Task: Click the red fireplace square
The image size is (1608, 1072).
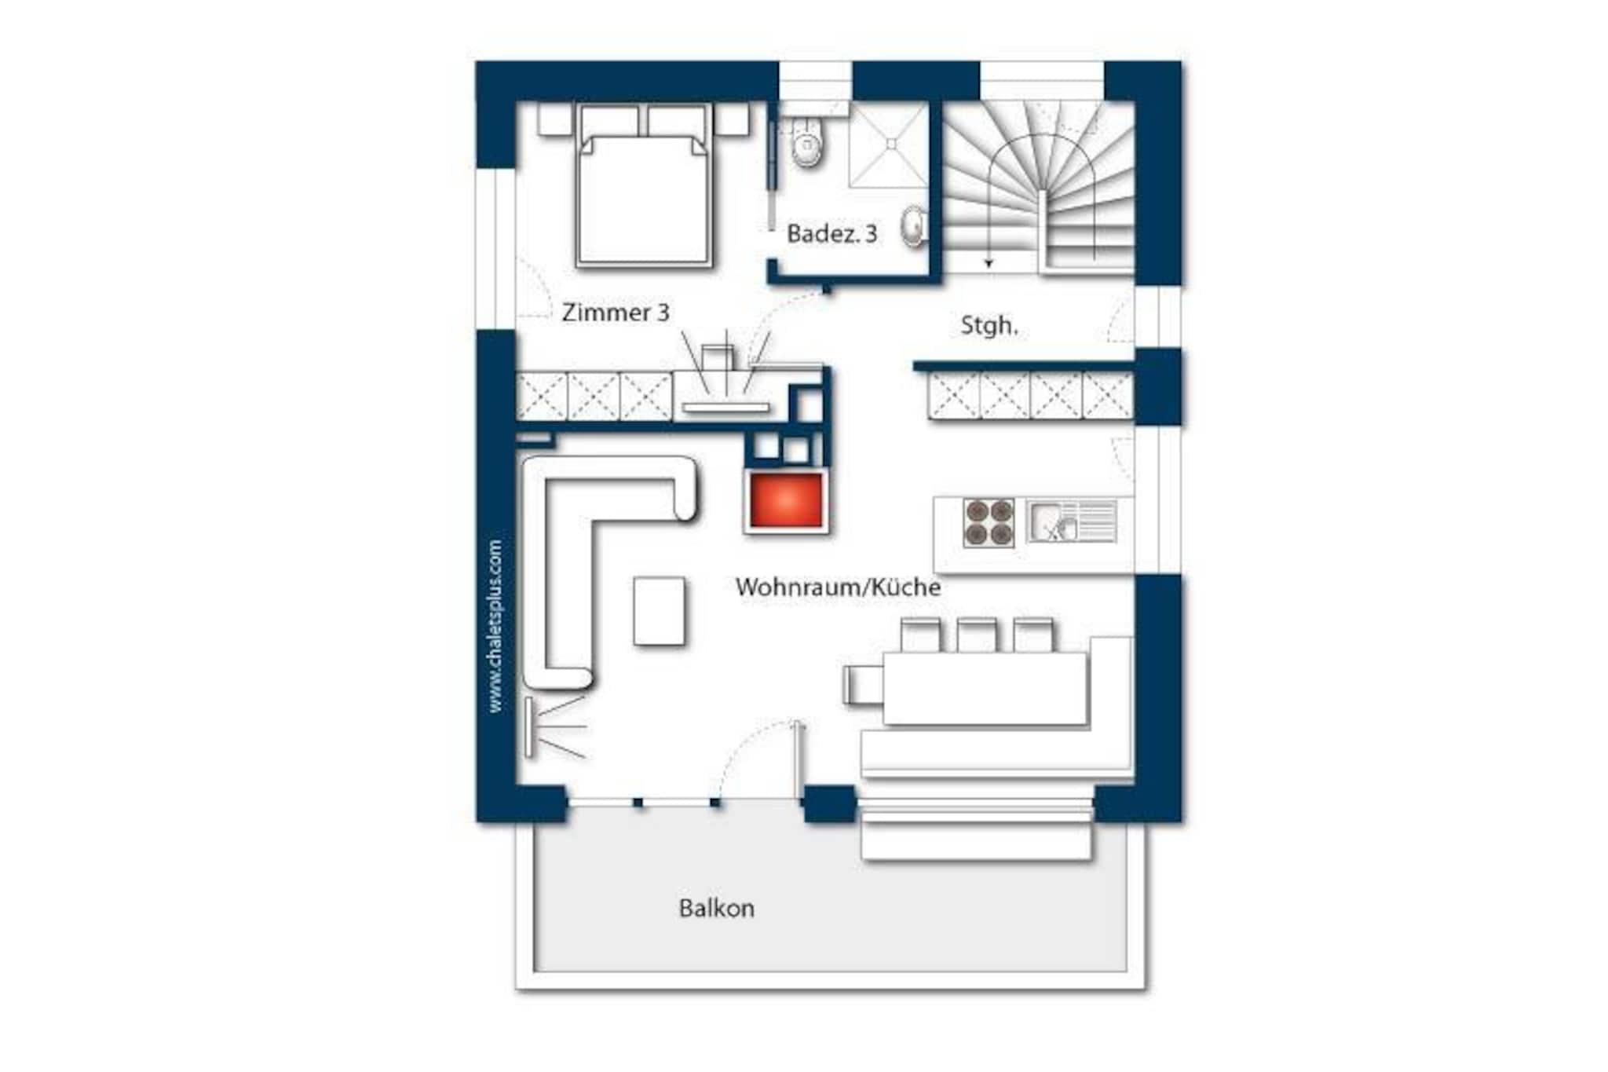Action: click(786, 501)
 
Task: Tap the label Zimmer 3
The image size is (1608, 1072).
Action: click(616, 313)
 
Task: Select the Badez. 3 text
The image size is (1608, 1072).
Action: click(831, 233)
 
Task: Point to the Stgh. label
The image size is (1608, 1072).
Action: click(989, 326)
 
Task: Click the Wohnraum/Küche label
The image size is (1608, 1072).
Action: click(838, 587)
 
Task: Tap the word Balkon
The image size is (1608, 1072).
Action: click(716, 909)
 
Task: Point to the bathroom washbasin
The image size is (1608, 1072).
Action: click(913, 226)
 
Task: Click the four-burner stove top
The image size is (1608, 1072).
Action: click(989, 522)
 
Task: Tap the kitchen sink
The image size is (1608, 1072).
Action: click(1072, 521)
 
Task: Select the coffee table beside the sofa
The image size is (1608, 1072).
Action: click(659, 612)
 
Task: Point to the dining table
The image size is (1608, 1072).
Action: click(985, 688)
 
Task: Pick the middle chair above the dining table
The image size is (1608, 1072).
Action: click(977, 635)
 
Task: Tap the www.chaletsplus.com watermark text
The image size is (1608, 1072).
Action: click(495, 626)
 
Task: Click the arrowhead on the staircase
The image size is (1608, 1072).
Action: click(989, 263)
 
